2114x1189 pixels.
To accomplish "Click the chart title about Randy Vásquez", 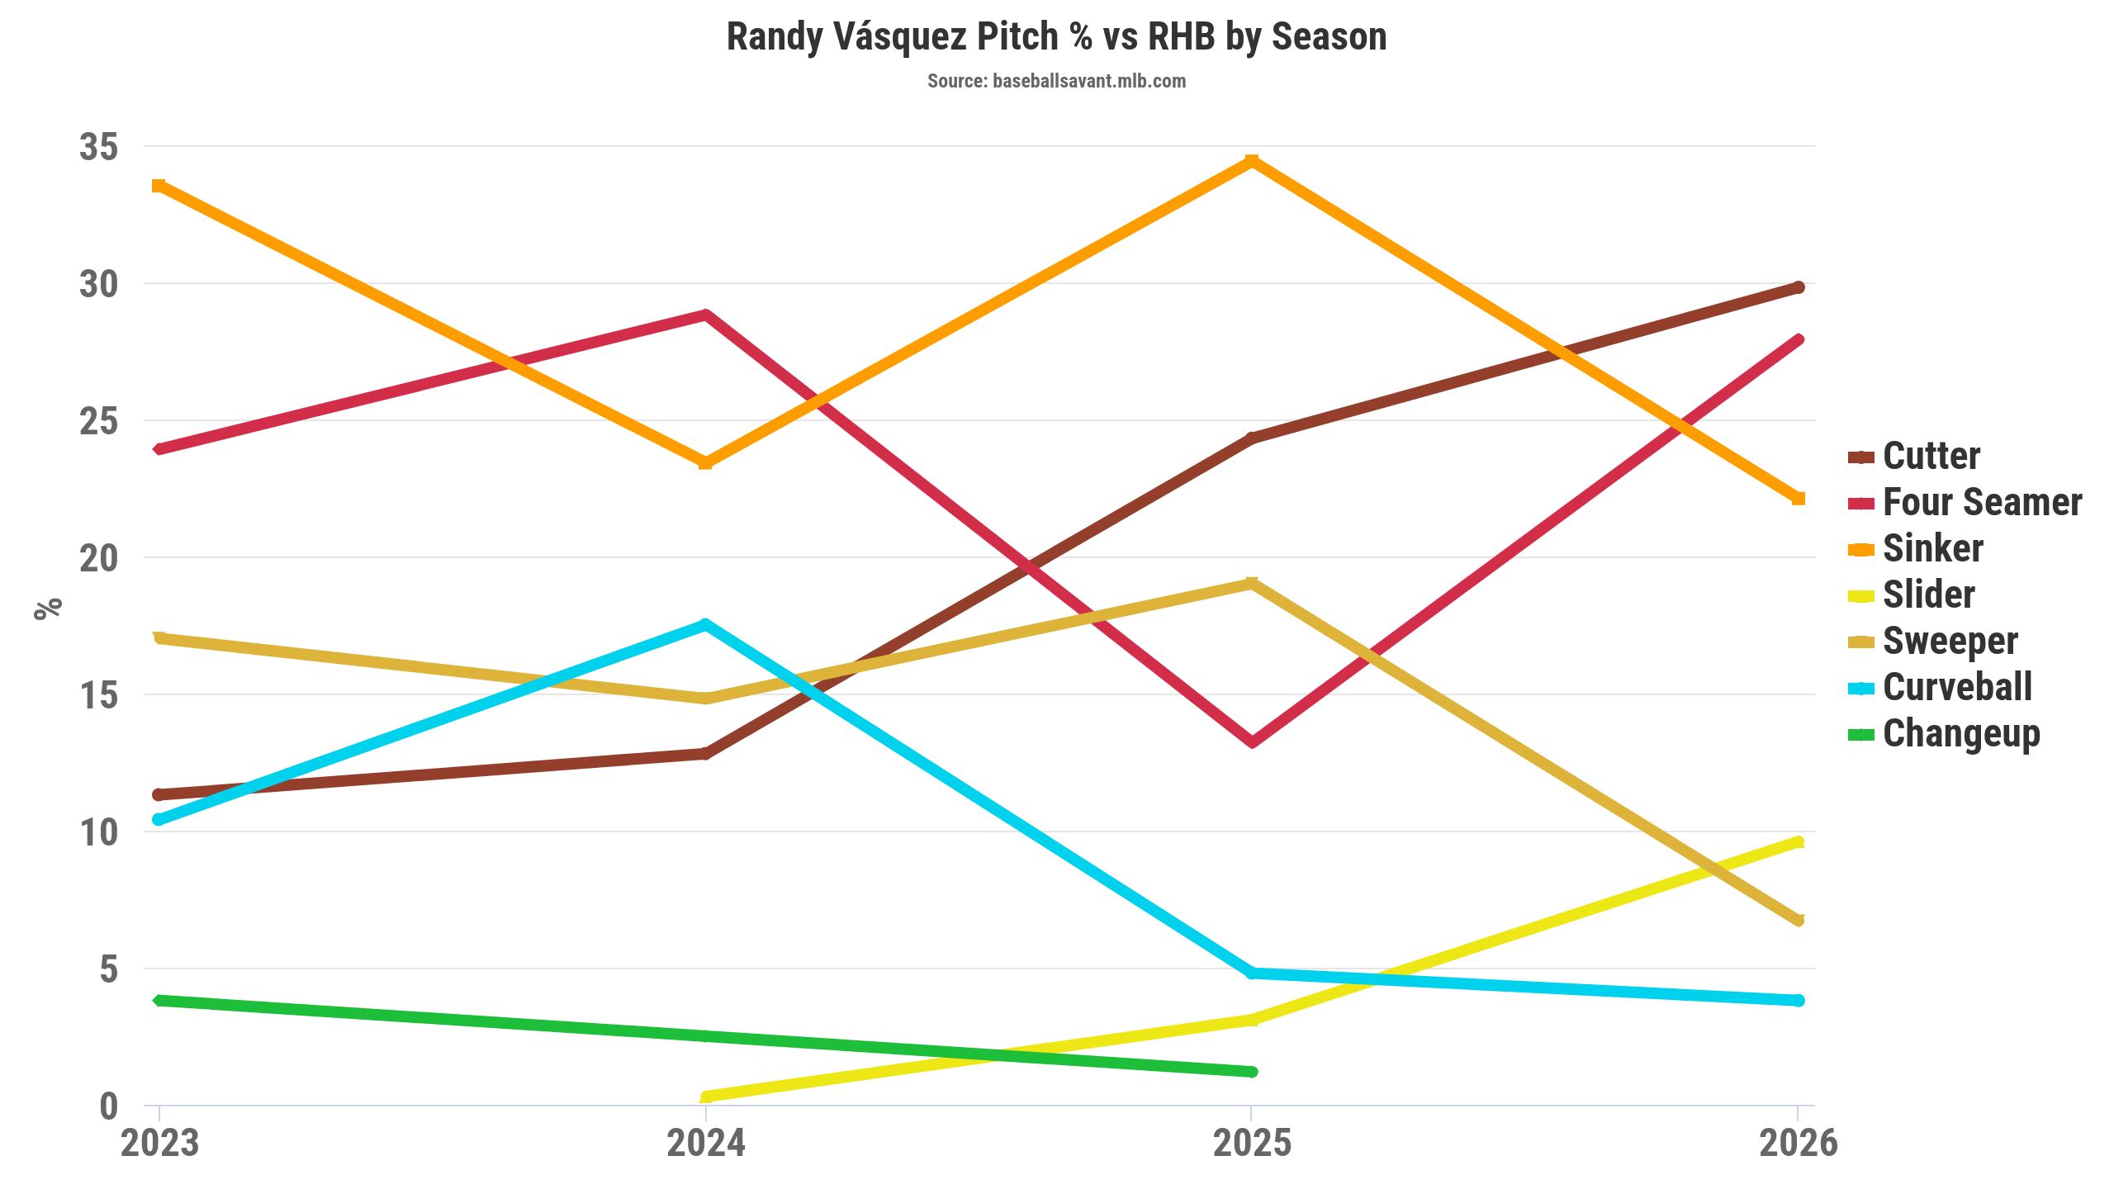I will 1056,37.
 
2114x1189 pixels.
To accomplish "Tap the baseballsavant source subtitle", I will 1056,81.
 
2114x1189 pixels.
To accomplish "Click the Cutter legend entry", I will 1931,456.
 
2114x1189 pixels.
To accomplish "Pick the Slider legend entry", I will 1928,594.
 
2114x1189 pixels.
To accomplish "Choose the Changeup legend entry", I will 1961,733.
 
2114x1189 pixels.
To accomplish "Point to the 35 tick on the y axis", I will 99,147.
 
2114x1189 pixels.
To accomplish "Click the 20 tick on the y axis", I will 99,558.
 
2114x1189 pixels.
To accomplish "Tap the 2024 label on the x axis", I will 705,1144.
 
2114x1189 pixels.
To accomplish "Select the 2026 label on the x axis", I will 1799,1144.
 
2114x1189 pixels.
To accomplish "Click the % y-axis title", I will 48,608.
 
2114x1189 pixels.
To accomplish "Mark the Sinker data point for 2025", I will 1252,160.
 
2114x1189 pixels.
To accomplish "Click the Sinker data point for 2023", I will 159,186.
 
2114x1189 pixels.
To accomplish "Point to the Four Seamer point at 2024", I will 705,315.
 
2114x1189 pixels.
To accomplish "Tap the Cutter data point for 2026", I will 1799,287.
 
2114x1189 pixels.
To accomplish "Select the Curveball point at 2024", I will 705,624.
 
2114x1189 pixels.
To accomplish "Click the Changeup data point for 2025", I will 1252,1072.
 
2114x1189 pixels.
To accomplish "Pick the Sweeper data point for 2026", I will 1799,921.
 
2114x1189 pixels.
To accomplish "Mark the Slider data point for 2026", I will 1799,842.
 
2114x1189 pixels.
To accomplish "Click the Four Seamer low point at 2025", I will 1252,741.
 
